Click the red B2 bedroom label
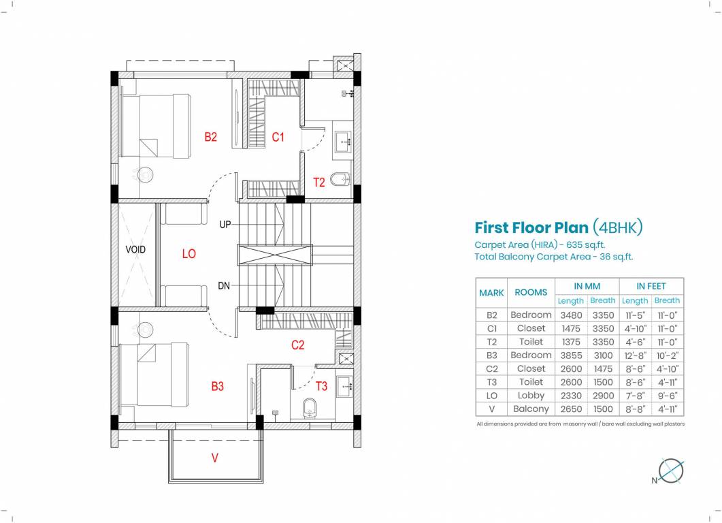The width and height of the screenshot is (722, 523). (x=211, y=137)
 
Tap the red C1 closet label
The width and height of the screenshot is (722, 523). (x=278, y=137)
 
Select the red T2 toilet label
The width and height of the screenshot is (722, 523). (x=319, y=183)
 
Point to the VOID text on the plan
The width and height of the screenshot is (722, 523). (x=135, y=250)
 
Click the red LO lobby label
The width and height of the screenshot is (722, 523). (x=188, y=254)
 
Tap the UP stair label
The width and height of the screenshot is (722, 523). (x=225, y=224)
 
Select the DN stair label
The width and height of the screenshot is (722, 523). (x=224, y=286)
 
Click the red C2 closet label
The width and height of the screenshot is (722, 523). (x=297, y=345)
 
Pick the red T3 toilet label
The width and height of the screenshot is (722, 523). (x=321, y=387)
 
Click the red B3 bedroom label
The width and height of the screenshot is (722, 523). (x=217, y=387)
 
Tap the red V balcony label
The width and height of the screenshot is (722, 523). (x=215, y=458)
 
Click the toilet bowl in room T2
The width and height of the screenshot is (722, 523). (x=340, y=180)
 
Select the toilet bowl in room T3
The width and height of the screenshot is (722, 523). (x=308, y=409)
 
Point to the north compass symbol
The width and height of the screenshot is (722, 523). (x=671, y=471)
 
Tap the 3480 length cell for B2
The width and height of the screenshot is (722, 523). (x=570, y=315)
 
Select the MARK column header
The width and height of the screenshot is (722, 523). (x=491, y=293)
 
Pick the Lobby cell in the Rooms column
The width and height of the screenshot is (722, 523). (x=531, y=396)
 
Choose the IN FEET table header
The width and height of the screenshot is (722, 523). (x=651, y=286)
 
